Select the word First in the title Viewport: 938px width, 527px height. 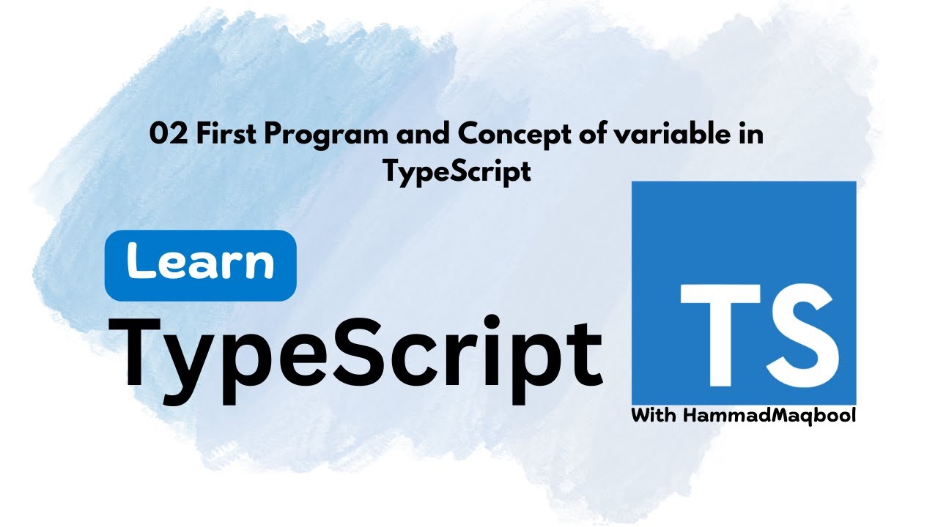point(215,135)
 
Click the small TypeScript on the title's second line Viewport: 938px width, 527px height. point(457,171)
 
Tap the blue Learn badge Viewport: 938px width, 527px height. point(200,264)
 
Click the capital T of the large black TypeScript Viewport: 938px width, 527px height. point(147,353)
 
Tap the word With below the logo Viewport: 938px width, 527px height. point(654,416)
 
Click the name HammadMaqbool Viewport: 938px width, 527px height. point(769,416)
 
